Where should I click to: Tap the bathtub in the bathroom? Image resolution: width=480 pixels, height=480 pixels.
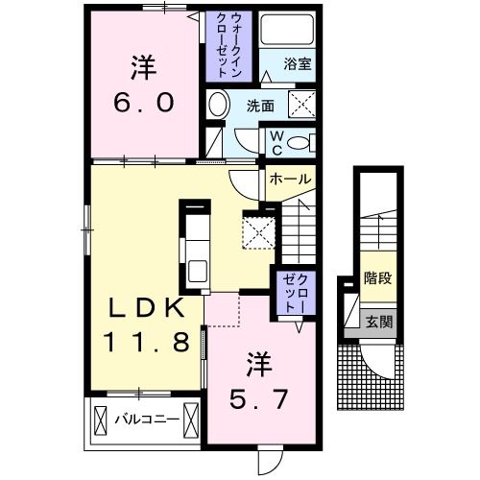click(294, 34)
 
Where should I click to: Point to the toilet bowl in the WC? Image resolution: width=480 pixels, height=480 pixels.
click(300, 142)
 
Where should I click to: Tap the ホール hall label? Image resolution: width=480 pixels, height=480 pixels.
click(289, 180)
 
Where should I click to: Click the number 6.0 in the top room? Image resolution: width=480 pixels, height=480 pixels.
click(147, 103)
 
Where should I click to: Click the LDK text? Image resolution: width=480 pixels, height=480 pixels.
click(145, 307)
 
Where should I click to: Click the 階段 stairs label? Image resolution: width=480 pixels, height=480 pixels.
click(377, 279)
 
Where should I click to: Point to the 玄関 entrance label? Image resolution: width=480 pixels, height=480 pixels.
click(377, 321)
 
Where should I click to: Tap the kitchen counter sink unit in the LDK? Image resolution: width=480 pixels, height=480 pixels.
click(197, 248)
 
